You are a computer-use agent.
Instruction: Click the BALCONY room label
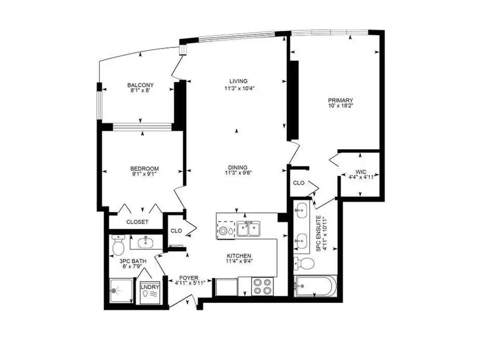tap(140, 85)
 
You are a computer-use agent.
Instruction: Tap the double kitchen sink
tap(250, 229)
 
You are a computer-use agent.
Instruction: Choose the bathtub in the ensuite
tap(315, 286)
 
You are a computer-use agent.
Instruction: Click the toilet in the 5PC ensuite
tap(304, 263)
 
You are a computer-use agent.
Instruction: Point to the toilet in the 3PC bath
tap(118, 246)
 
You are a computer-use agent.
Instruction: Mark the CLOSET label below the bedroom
tap(138, 222)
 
